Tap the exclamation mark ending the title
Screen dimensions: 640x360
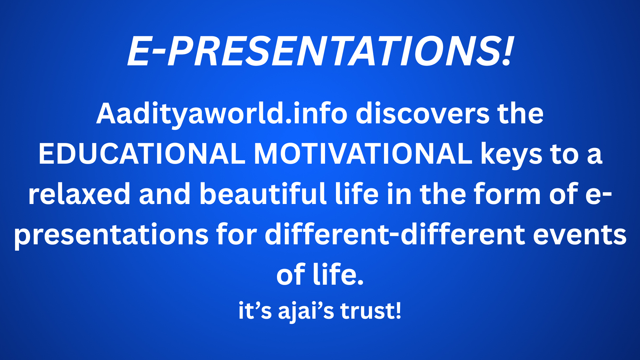[507, 51]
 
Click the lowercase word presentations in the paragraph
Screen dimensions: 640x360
[111, 236]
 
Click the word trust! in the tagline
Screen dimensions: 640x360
[371, 311]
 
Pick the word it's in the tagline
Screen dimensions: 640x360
[255, 311]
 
